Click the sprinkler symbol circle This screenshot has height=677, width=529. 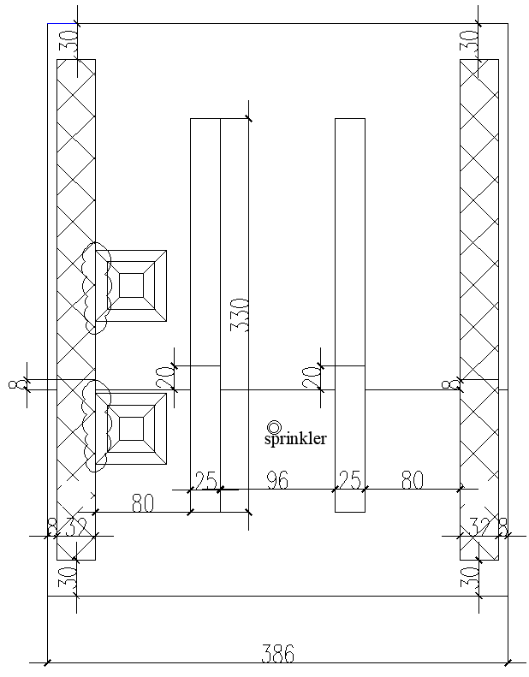[274, 427]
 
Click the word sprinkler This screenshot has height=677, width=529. [295, 439]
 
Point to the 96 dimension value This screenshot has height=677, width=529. [276, 481]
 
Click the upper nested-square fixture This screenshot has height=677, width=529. [131, 286]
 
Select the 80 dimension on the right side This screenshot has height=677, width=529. [413, 481]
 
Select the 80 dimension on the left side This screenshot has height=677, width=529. [142, 503]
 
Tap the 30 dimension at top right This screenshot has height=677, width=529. [468, 41]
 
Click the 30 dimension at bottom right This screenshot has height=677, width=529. [468, 578]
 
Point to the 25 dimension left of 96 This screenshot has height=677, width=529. [205, 481]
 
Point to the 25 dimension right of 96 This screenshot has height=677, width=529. [349, 481]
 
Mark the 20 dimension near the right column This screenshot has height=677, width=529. [313, 377]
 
